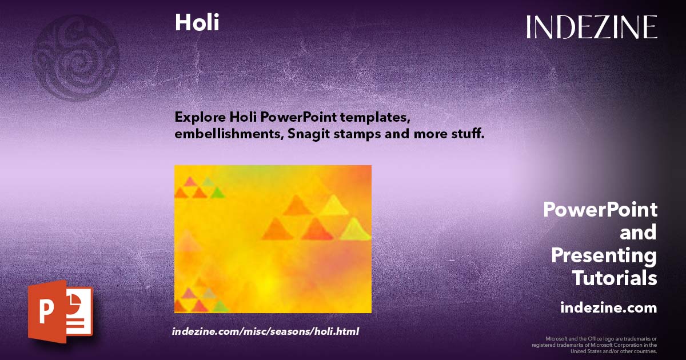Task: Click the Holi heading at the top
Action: pyautogui.click(x=197, y=22)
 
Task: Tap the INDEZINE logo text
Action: pyautogui.click(x=592, y=27)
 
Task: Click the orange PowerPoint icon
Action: pyautogui.click(x=60, y=312)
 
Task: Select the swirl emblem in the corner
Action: pyautogui.click(x=75, y=57)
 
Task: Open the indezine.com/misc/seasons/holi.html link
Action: pyautogui.click(x=265, y=331)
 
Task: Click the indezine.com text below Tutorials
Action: pyautogui.click(x=608, y=308)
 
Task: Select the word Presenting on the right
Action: pyautogui.click(x=604, y=255)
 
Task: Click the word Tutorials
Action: pyautogui.click(x=614, y=278)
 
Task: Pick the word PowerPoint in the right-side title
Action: pyautogui.click(x=600, y=210)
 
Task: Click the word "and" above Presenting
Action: pyautogui.click(x=638, y=233)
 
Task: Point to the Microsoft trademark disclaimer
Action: pyautogui.click(x=595, y=345)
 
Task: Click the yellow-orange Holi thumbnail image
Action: pyautogui.click(x=273, y=239)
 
